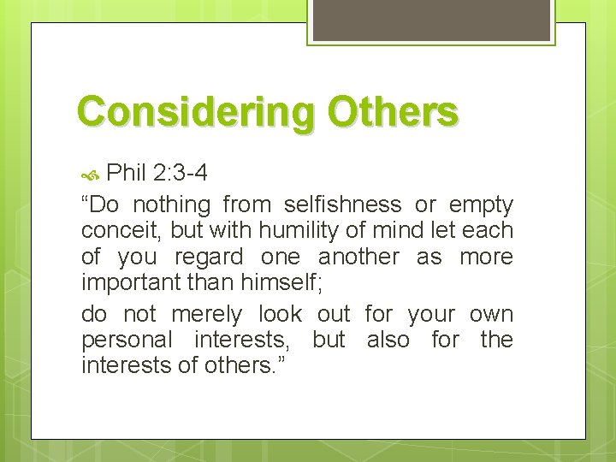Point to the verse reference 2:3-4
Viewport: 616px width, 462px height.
point(181,175)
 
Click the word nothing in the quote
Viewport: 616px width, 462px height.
point(171,205)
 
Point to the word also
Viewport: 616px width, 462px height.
point(388,340)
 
